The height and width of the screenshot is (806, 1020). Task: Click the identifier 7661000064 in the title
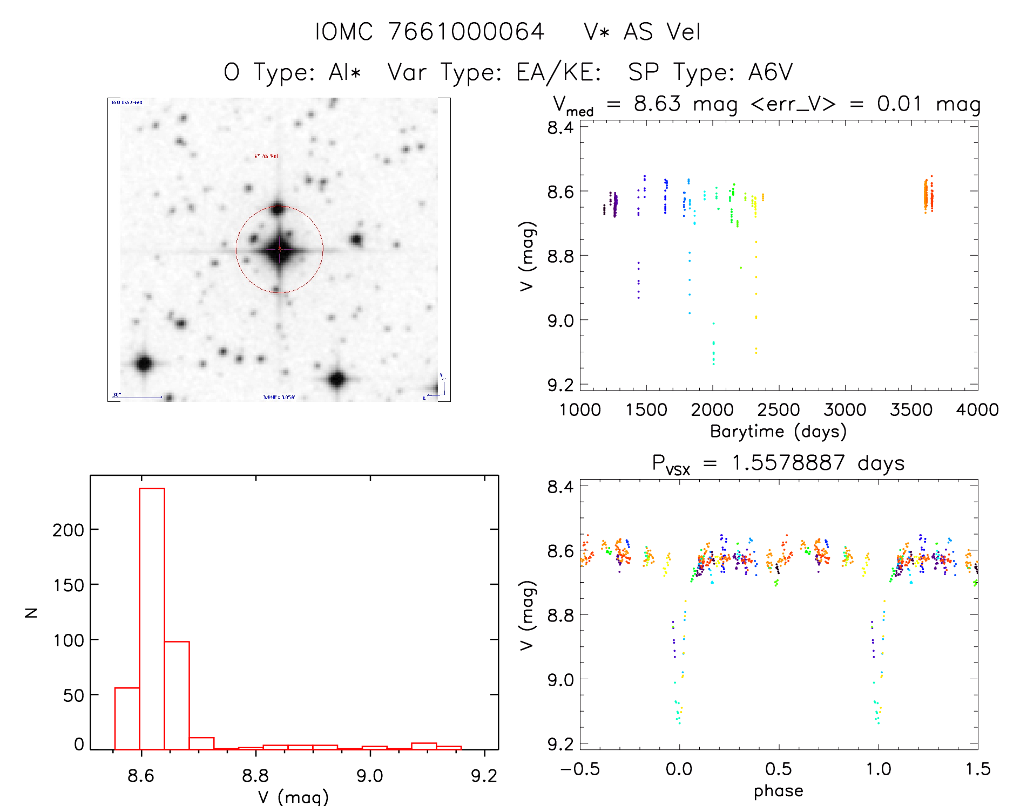coord(466,32)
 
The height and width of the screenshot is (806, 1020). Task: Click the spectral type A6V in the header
coord(771,72)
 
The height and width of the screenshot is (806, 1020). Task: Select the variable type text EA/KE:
coord(559,72)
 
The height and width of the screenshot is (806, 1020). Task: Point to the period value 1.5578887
coord(788,463)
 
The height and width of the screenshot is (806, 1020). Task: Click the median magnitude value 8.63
coord(657,104)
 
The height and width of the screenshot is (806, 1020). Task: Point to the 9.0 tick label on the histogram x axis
coord(370,776)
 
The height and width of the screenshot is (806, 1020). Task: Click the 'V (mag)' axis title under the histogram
coord(293,797)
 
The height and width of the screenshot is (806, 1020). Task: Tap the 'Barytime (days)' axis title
coord(778,432)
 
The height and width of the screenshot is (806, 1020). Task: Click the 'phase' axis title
coord(778,791)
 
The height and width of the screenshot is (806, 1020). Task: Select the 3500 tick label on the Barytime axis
coord(911,410)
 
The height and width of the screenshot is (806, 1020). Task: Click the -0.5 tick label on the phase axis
coord(580,769)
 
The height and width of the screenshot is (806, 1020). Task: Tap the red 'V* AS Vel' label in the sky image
coord(266,156)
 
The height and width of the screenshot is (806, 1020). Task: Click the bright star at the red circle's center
coord(279,249)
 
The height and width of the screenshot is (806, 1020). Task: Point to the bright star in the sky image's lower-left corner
coord(144,363)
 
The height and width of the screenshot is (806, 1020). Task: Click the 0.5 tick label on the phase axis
coord(778,769)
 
